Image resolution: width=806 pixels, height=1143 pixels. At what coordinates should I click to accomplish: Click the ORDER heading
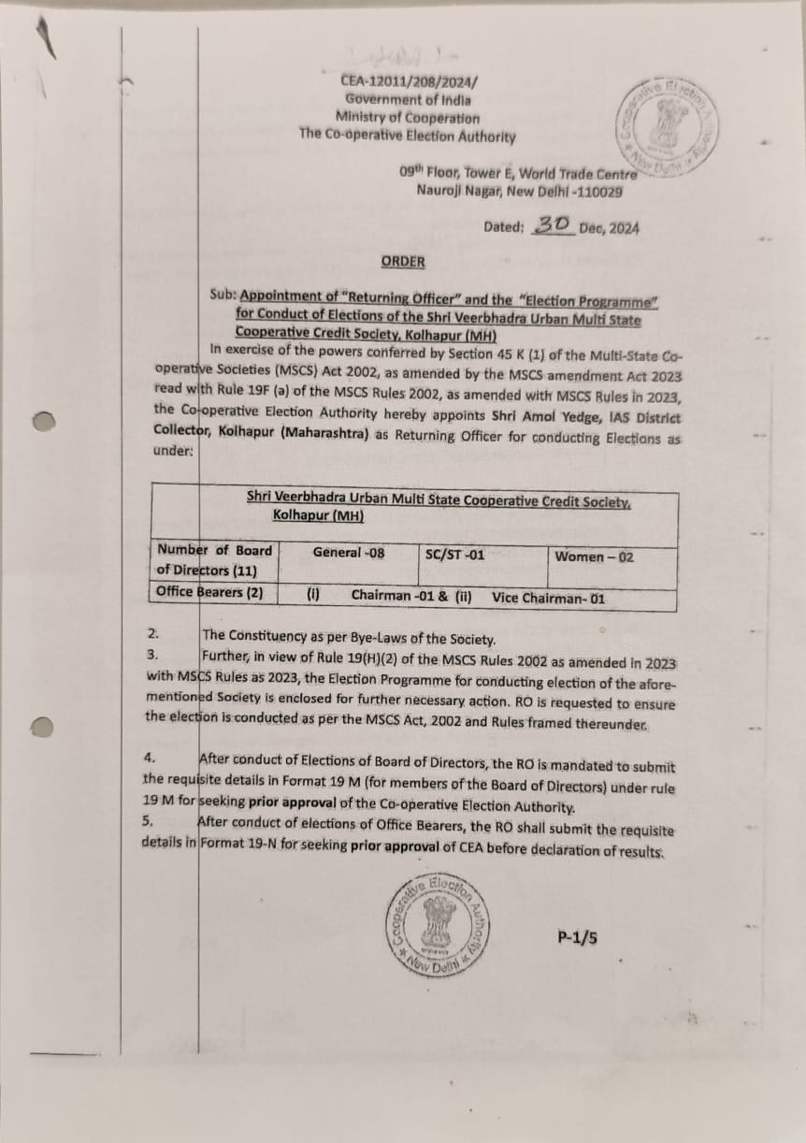click(402, 262)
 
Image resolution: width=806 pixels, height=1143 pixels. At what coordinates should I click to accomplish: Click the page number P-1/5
click(577, 936)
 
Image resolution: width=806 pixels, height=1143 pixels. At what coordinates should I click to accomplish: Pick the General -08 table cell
click(348, 553)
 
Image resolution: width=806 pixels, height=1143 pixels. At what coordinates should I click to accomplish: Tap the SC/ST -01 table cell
click(454, 555)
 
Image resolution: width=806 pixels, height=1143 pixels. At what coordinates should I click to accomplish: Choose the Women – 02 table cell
click(594, 557)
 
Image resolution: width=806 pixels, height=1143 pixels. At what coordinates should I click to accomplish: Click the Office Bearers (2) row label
click(210, 592)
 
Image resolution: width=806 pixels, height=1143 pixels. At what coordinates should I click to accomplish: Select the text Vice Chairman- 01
click(549, 598)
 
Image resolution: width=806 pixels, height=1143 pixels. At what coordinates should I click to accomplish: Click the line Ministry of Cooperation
click(408, 118)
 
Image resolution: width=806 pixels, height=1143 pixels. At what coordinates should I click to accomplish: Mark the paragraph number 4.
click(150, 756)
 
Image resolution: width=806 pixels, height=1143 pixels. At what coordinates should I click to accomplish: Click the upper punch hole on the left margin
click(44, 423)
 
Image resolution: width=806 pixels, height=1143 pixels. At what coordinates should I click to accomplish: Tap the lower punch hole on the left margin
click(44, 727)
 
